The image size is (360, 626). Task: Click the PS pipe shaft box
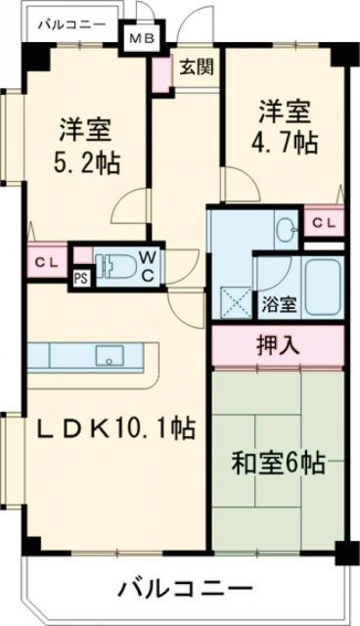pyautogui.click(x=81, y=277)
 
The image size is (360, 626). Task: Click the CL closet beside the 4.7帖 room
pyautogui.click(x=323, y=222)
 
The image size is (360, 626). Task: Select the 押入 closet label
pyautogui.click(x=279, y=344)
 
